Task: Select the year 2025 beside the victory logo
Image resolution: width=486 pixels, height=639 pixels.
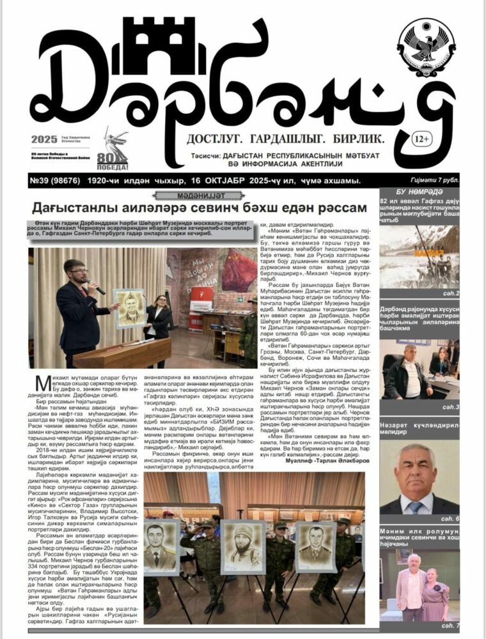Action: [x=44, y=140]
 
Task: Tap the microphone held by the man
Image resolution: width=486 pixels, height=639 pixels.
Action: [x=96, y=287]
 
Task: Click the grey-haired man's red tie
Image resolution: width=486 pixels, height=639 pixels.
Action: [x=417, y=507]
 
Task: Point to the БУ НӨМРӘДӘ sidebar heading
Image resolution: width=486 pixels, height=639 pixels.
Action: [x=420, y=192]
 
